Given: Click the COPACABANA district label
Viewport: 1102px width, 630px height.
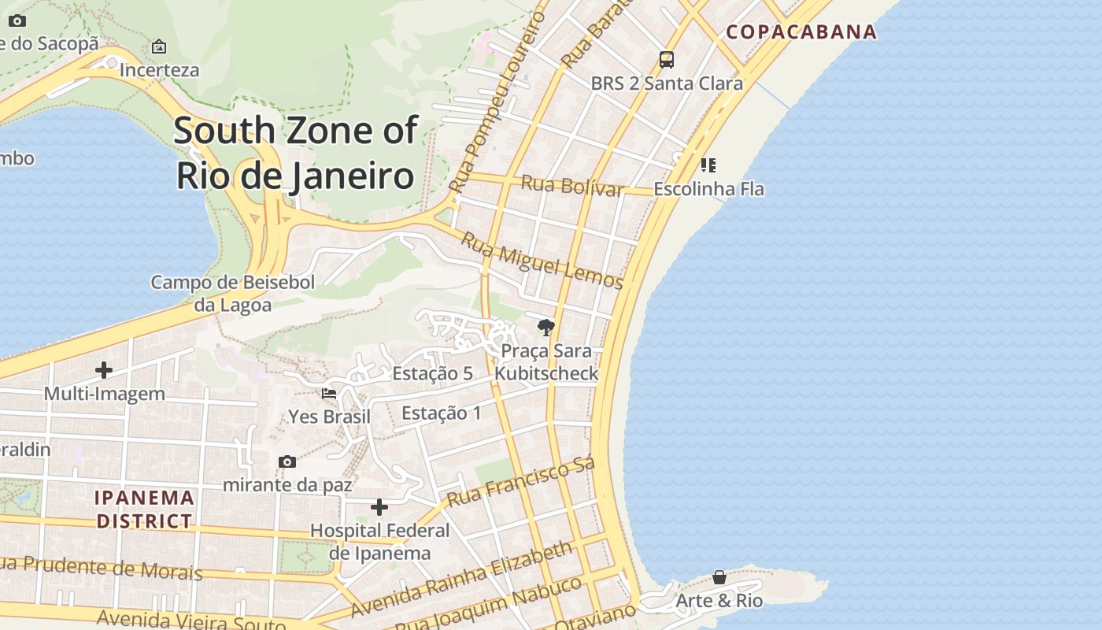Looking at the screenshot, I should tap(801, 31).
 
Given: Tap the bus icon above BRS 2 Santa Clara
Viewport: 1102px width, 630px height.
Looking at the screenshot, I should tap(666, 59).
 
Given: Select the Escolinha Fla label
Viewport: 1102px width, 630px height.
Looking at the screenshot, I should tap(708, 189).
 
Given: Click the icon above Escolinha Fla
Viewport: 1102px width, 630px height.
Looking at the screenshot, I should tap(708, 165).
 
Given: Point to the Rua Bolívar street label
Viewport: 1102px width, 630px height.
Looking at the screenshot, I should tap(572, 187).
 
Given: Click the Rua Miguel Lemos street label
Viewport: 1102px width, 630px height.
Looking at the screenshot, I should tap(542, 261).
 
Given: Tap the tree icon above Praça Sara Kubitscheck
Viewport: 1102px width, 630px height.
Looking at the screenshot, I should tap(545, 328).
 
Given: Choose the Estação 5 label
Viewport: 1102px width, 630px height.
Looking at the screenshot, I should tap(432, 373).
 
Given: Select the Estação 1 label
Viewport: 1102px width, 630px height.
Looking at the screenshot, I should tap(441, 413).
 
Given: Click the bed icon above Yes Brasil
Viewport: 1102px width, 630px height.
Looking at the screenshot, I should tap(329, 393).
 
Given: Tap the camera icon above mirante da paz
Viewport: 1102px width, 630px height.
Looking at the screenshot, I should tap(287, 461).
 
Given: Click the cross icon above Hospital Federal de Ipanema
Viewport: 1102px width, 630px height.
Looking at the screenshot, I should tap(379, 507).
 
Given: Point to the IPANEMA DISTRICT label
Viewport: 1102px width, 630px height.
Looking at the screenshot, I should tap(144, 509).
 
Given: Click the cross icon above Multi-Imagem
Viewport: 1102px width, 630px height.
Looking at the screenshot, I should tap(104, 370).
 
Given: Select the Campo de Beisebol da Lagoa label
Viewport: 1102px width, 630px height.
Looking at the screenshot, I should tap(233, 293).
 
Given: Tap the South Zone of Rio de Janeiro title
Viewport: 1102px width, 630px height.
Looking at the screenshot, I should tap(295, 153).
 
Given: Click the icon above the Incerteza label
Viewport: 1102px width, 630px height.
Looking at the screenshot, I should tap(159, 46).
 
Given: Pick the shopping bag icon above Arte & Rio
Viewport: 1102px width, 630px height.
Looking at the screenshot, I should tap(719, 577).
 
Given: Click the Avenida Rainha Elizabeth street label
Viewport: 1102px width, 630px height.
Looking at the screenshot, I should tap(461, 579).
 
